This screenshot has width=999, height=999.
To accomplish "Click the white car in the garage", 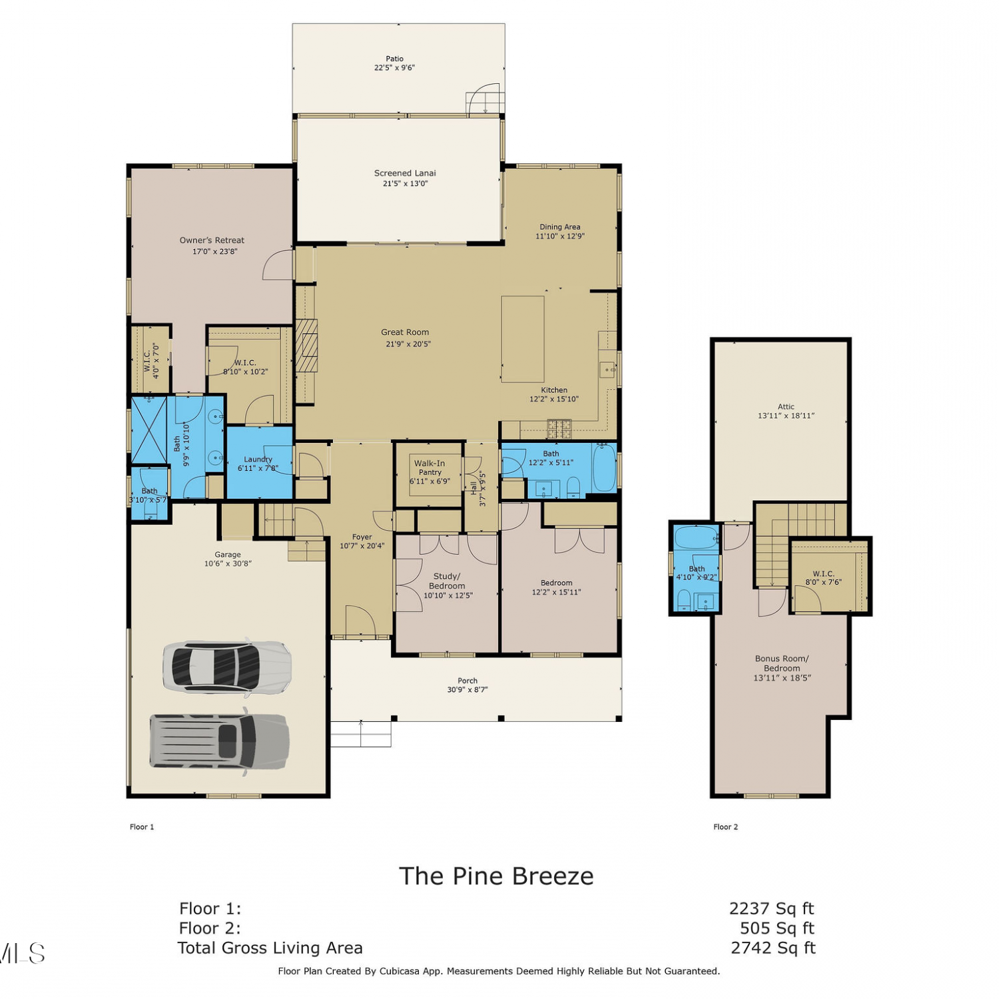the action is (227, 667).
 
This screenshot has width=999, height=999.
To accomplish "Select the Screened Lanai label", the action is (405, 173).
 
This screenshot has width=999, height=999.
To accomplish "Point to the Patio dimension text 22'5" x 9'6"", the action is (394, 67).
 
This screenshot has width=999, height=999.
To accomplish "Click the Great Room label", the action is (405, 332).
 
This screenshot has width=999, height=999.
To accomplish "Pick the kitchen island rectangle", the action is (523, 339).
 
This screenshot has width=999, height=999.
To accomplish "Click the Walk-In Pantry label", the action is (430, 468).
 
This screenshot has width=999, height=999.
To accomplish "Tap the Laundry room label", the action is (258, 460).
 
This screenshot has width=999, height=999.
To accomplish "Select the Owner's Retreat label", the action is (212, 240).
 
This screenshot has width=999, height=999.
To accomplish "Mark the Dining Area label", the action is (560, 227).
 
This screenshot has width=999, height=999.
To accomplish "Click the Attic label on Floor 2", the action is (786, 406).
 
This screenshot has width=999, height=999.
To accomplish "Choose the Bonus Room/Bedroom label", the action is (782, 663).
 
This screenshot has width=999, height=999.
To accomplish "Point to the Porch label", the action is (468, 681).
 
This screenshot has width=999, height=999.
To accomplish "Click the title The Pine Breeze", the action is (496, 876).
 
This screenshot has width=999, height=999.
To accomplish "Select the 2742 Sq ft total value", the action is (773, 948).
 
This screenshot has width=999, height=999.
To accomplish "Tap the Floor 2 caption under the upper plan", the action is (725, 827).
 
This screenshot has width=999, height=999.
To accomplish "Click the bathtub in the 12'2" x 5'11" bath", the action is (604, 467).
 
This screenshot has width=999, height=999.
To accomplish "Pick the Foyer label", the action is (362, 537).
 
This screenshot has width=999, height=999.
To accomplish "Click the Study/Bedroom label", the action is (446, 581).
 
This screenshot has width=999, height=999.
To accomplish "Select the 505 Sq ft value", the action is (777, 928).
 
